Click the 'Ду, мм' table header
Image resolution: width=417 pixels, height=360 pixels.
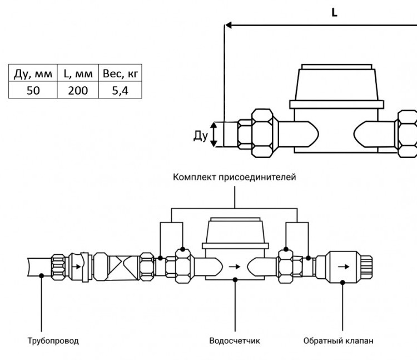[x=33, y=73]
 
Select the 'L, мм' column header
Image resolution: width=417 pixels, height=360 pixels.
[x=78, y=73]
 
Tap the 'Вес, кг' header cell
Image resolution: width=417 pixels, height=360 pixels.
[x=120, y=73]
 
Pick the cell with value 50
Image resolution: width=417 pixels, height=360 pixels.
[x=33, y=91]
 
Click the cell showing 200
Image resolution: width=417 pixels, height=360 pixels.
[x=78, y=91]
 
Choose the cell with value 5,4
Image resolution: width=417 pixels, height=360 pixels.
[x=120, y=91]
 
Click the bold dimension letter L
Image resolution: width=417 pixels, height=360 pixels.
[x=334, y=12]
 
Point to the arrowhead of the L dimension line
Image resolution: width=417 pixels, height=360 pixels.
[x=228, y=25]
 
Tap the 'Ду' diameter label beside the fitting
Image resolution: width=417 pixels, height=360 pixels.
[x=201, y=136]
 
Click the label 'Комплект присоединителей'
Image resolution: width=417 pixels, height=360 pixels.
[x=234, y=177]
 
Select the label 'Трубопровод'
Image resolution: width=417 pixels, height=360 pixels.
[x=53, y=341]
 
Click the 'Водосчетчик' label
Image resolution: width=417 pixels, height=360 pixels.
[x=235, y=341]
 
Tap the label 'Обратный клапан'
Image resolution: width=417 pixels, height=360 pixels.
[x=338, y=341]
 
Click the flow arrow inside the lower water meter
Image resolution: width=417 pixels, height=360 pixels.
[x=235, y=267]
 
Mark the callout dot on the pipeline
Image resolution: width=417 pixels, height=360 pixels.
[x=42, y=275]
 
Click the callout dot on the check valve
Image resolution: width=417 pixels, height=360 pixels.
[x=343, y=282]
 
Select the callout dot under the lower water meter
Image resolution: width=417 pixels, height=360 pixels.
[x=235, y=280]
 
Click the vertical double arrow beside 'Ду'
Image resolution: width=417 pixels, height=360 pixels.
[x=214, y=135]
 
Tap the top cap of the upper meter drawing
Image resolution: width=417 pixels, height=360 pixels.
[x=337, y=67]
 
